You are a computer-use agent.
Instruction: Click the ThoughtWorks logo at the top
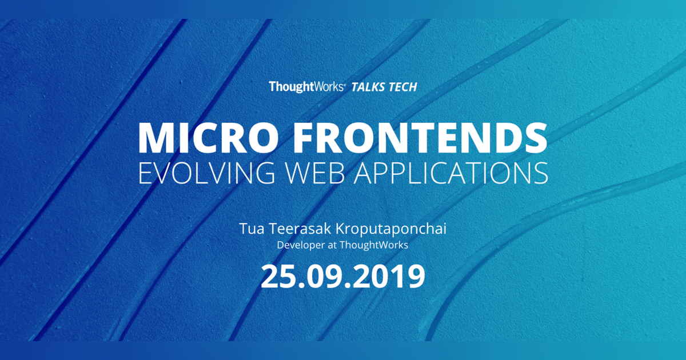pos(306,87)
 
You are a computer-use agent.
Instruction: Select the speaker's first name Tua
pos(250,230)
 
